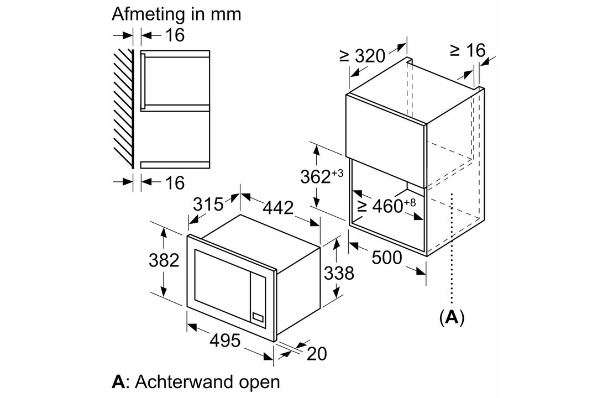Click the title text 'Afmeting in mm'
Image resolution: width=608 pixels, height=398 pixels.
[x=176, y=14]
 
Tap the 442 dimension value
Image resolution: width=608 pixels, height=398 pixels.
[x=279, y=208]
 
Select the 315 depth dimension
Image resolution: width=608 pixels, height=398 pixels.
[x=208, y=204]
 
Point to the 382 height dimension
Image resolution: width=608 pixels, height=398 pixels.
[x=164, y=260]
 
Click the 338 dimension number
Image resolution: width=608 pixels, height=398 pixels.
[x=339, y=273]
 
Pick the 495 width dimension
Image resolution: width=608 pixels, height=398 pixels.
[x=226, y=340]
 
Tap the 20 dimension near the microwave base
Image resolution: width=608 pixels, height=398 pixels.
[x=317, y=353]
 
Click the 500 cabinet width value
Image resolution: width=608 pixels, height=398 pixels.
[x=387, y=257]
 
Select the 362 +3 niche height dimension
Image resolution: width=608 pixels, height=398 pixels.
[x=322, y=176]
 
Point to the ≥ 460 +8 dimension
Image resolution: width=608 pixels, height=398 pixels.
[x=386, y=206]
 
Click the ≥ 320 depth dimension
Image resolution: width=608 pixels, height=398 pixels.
[x=362, y=56]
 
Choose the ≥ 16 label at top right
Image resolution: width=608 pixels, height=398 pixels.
[x=468, y=50]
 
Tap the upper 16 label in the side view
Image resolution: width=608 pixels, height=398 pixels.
[x=175, y=35]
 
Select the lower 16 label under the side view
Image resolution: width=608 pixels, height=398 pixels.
[x=175, y=183]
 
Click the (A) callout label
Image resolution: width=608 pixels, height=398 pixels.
[x=452, y=317]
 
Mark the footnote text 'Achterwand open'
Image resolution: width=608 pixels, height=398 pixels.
[x=208, y=382]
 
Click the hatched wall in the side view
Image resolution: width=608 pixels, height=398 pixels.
[x=124, y=109]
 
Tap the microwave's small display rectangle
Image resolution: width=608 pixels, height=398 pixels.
[x=258, y=317]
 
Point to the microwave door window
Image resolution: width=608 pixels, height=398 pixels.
[x=222, y=284]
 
